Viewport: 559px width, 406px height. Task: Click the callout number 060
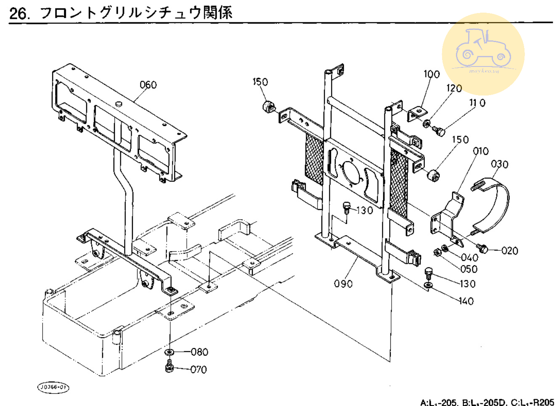click(148, 85)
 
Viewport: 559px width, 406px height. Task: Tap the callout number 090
click(343, 284)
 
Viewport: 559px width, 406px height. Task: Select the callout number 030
click(500, 164)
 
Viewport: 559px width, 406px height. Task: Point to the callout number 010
click(481, 151)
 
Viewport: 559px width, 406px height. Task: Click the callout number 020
click(510, 251)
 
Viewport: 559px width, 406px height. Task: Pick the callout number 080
click(199, 352)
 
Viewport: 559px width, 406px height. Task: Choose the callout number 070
click(199, 369)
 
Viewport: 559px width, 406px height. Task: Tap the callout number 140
click(466, 301)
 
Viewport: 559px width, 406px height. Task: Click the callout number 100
click(432, 74)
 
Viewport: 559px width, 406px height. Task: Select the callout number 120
click(454, 88)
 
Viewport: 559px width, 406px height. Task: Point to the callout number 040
click(469, 257)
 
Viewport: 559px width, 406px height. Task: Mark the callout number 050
click(469, 269)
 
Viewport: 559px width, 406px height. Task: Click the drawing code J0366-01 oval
click(53, 387)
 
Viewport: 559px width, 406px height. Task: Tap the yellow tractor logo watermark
click(483, 54)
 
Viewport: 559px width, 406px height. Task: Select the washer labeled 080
click(170, 352)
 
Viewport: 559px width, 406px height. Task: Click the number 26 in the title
click(19, 13)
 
